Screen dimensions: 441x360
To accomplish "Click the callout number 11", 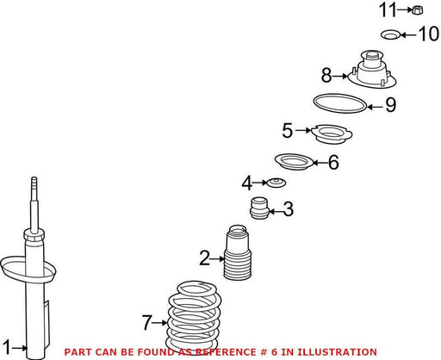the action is click(388, 9).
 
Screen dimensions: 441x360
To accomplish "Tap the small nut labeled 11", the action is click(418, 10).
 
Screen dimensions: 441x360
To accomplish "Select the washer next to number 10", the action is click(390, 34).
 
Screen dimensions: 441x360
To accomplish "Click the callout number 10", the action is click(429, 34).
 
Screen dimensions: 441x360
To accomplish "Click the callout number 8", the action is click(326, 76).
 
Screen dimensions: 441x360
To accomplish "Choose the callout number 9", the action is click(390, 105).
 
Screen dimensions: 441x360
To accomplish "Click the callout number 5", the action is click(287, 130).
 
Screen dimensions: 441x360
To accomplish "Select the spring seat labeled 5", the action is click(332, 134).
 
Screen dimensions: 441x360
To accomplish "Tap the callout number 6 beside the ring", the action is click(333, 162).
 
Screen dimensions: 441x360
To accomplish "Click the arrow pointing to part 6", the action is click(320, 163).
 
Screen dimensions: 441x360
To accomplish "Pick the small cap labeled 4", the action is click(276, 183).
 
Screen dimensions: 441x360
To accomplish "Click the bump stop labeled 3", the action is click(259, 208).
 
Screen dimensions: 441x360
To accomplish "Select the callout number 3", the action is click(289, 208).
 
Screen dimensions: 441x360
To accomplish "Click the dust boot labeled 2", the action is click(238, 252).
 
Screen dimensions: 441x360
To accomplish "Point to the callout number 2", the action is click(205, 258).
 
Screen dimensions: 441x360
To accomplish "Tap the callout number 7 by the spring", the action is click(146, 322).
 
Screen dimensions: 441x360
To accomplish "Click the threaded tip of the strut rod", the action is click(34, 183).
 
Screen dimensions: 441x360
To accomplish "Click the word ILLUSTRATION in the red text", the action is click(337, 352).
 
